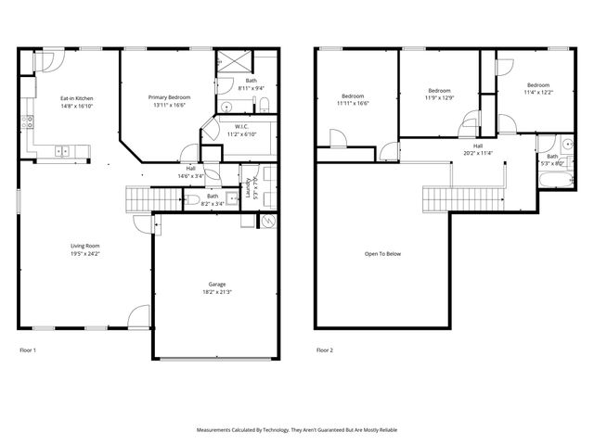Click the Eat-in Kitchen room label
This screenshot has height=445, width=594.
77,97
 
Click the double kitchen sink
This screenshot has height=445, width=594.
64,151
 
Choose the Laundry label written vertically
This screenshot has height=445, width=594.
249,188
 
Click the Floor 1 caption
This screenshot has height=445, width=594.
28,350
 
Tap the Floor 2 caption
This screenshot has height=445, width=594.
324,350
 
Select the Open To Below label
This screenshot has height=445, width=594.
382,253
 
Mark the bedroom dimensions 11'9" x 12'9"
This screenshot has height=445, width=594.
440,97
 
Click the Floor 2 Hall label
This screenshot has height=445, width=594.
478,146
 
